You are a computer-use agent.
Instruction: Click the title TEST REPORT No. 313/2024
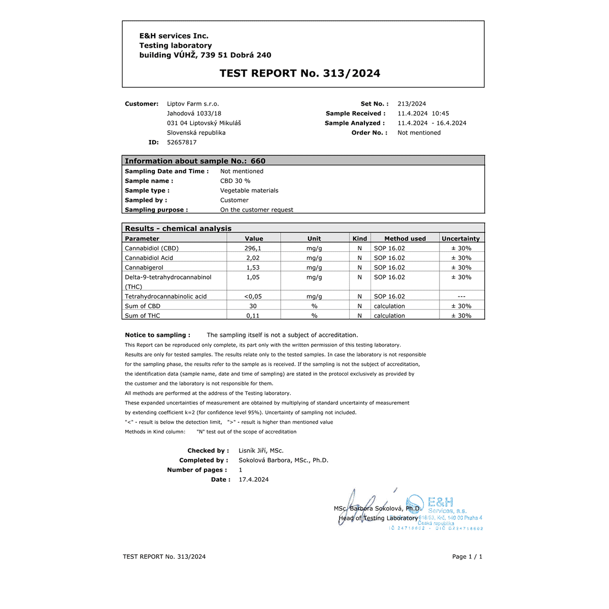pos(299,74)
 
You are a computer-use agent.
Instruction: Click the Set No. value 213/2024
pos(412,104)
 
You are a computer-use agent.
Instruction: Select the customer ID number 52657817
pos(182,143)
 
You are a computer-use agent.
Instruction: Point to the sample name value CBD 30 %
pos(235,181)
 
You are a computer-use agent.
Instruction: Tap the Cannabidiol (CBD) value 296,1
pos(253,249)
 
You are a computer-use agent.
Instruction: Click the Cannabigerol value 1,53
pos(253,268)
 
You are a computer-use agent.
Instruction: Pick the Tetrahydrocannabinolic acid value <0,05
pos(253,297)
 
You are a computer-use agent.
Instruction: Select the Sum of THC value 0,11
pos(253,316)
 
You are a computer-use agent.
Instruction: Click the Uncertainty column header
pos(460,239)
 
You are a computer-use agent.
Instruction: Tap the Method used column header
pos(405,239)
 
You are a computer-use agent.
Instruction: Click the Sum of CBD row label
pos(143,307)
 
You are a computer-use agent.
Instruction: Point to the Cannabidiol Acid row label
pos(149,258)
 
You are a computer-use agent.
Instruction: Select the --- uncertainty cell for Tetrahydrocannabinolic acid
pos(461,297)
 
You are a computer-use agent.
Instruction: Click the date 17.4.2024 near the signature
pos(254,480)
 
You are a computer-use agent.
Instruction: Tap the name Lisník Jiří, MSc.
pos(261,451)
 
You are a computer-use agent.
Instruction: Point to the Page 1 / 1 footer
pos(467,557)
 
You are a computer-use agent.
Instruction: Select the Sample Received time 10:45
pos(441,114)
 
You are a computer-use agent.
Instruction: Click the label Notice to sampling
pos(157,335)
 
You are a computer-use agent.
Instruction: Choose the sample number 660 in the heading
pos(258,161)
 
